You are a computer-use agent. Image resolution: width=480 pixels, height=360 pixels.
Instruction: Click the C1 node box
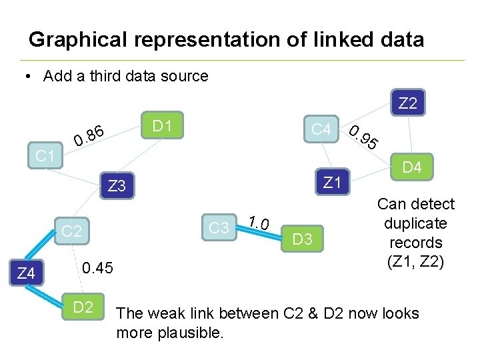[45, 157]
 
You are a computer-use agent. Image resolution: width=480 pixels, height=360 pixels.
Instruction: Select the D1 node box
[163, 126]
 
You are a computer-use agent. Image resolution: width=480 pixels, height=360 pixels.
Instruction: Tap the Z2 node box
[407, 103]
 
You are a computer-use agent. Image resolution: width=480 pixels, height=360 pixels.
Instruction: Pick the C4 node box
[321, 129]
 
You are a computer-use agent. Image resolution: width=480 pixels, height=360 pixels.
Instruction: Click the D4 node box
[412, 167]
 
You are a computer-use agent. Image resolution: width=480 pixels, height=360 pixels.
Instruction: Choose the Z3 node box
[117, 186]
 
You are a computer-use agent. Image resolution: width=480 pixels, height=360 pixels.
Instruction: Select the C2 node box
[71, 231]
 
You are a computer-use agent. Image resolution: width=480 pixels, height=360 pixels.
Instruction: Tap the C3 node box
[219, 228]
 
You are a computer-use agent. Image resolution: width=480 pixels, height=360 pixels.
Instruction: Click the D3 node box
[303, 239]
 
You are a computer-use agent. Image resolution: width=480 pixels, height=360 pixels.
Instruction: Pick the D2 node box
[83, 307]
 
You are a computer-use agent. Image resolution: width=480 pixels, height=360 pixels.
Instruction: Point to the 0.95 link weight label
[365, 137]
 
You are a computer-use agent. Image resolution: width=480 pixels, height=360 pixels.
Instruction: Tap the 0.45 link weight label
[98, 268]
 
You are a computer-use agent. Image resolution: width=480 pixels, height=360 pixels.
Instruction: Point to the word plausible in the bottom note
[190, 333]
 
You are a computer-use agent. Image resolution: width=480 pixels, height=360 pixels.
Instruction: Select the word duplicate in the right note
[415, 223]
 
